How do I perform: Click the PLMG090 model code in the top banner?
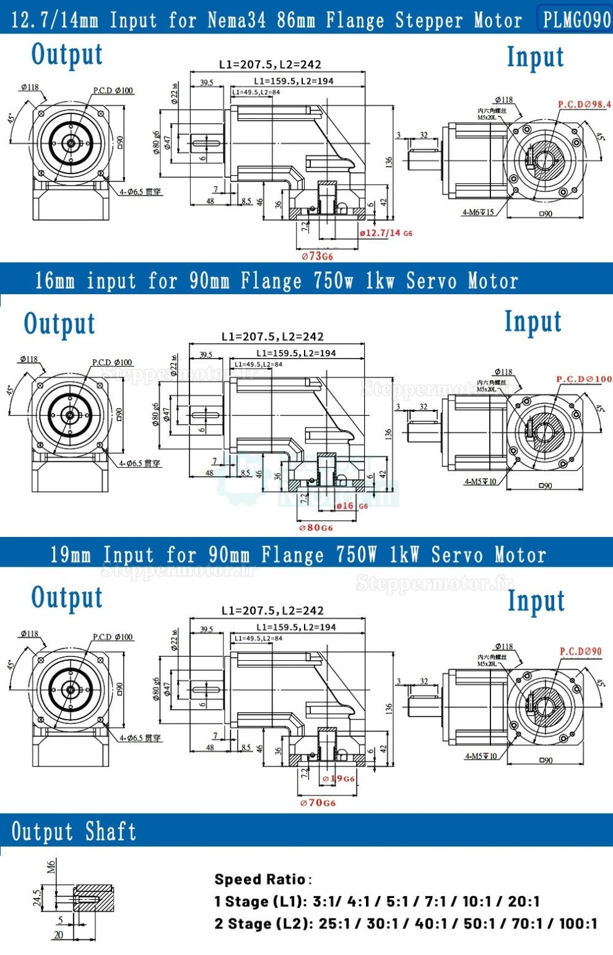tap(576, 20)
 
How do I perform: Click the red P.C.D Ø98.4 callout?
tap(584, 105)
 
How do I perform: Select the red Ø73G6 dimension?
tap(317, 256)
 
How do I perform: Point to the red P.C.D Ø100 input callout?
tap(583, 378)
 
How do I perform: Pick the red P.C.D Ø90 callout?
tap(580, 651)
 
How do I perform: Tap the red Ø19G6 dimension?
tap(339, 778)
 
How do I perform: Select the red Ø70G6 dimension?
tap(318, 803)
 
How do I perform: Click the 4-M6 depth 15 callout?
tap(478, 212)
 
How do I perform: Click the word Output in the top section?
tap(67, 55)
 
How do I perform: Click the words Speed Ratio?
tap(260, 879)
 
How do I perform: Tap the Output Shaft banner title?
tap(74, 831)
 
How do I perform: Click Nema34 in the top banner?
tap(236, 20)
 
